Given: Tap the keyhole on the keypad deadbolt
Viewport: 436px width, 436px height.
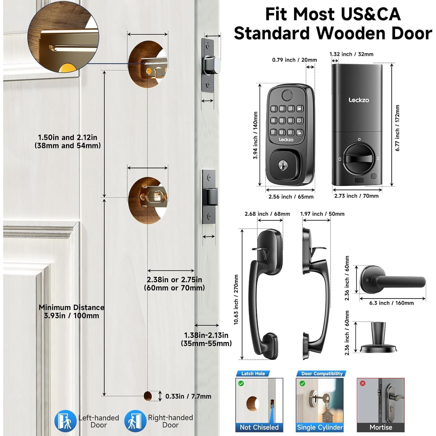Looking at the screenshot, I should point(282,166).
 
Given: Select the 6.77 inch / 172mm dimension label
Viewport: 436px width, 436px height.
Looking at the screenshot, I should point(397,128).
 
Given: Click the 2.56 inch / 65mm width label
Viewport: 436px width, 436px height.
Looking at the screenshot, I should point(291,197).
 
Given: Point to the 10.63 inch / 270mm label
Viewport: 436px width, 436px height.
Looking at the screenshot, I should point(236,299).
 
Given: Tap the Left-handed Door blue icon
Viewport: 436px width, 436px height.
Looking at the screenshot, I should point(65,421).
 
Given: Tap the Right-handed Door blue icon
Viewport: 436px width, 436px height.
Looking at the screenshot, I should point(135,421).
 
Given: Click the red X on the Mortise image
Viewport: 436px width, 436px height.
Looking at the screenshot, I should point(362,383).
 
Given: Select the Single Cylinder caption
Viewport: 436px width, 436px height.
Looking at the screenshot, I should point(320,427).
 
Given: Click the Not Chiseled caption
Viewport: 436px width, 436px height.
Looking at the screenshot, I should point(259,427).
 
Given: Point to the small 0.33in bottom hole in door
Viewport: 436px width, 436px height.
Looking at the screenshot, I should point(148,396).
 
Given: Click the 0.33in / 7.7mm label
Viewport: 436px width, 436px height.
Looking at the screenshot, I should point(188,396).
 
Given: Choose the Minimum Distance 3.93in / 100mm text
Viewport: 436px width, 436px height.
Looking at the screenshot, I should point(72,311).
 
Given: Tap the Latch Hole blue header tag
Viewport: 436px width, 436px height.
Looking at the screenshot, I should point(253,374).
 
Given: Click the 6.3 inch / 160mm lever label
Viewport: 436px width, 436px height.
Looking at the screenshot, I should point(391,303).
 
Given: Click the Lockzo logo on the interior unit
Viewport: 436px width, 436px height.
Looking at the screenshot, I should point(359,100).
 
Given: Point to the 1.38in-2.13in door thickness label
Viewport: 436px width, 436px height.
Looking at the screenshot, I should point(206,339).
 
